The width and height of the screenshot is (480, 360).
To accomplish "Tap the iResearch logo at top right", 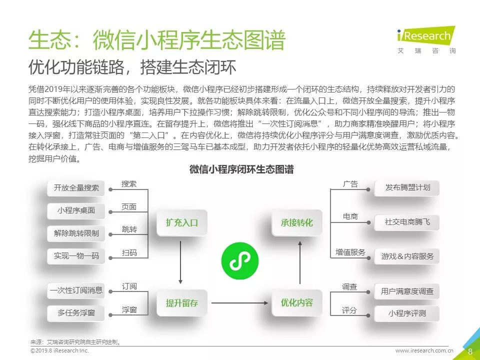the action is tap(425, 39).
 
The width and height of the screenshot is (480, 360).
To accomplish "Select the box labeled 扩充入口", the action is tap(182, 223).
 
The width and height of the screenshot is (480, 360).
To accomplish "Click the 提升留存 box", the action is tap(182, 303).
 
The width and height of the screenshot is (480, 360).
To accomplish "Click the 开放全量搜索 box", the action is tap(76, 188).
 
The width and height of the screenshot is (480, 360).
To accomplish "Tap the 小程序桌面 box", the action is tap(76, 210).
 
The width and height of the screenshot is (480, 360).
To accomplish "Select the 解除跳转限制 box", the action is tap(76, 233).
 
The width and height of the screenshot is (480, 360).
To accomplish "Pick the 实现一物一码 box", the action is tap(76, 256).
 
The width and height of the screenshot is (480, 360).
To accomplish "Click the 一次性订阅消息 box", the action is tap(76, 290).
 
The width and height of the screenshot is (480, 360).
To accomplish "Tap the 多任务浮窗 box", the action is tap(76, 313).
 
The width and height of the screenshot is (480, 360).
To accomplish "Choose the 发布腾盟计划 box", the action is tap(407, 188).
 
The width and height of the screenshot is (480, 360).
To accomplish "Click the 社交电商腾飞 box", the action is tap(407, 221).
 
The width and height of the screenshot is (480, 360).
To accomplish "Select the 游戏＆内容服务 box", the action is tap(407, 256).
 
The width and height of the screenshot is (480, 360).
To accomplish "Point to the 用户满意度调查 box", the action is tap(407, 291).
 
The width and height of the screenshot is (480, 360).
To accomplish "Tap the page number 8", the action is tap(470, 351).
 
